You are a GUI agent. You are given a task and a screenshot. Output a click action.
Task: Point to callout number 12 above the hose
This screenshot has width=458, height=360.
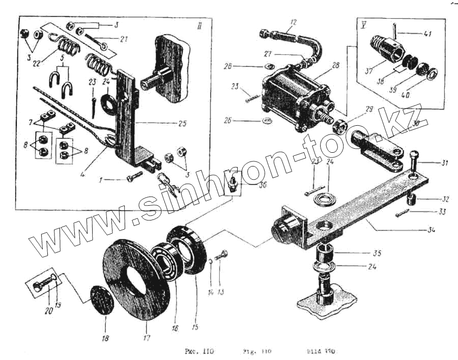292,22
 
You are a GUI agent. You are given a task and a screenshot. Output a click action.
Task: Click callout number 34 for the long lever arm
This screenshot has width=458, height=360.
432,230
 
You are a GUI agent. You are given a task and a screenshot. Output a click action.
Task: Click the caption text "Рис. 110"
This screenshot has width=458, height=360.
201,351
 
